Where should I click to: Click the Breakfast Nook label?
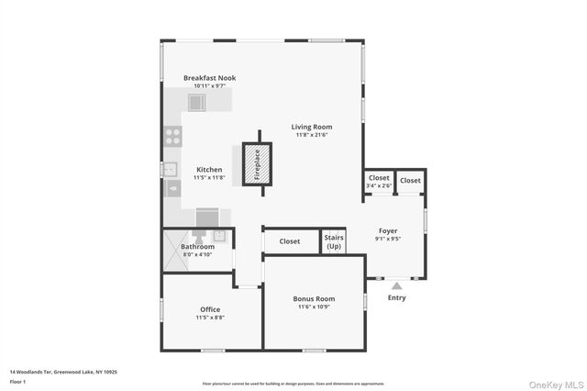click(209, 78)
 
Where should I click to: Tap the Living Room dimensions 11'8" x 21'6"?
click(312, 135)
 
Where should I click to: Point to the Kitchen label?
click(209, 170)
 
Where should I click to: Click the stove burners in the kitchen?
click(172, 136)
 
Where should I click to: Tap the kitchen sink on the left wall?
click(169, 168)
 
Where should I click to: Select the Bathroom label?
click(197, 247)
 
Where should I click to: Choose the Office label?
click(210, 309)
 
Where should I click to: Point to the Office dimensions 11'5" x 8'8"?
click(210, 318)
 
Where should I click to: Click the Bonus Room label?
click(314, 299)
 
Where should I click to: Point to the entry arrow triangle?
click(396, 285)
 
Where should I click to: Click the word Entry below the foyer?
click(396, 297)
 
